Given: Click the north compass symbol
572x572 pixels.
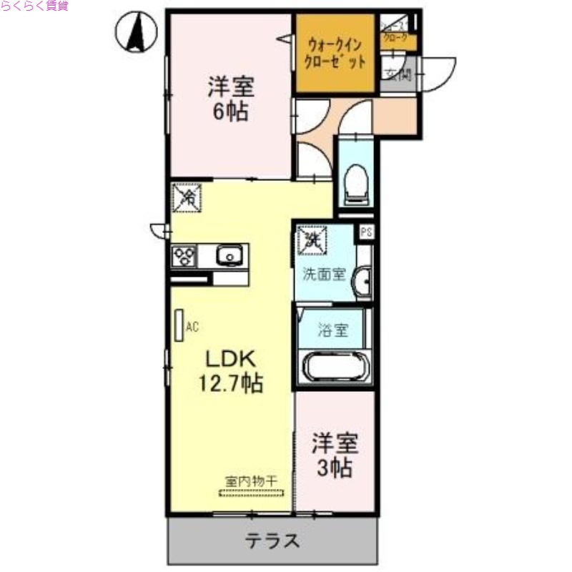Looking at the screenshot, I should [136, 33].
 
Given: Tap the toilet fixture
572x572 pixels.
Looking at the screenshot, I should [355, 180].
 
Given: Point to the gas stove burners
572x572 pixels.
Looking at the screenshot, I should [184, 255].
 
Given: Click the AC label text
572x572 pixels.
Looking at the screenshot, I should [192, 327].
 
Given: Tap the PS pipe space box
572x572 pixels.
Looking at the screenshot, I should [366, 232].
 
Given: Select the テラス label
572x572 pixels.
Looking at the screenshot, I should [273, 541].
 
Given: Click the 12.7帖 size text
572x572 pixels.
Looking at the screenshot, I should [230, 384].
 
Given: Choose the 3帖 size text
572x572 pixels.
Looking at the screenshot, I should [335, 469].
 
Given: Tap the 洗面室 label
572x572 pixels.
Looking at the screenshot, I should [325, 275].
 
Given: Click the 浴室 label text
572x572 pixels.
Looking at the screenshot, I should [334, 330].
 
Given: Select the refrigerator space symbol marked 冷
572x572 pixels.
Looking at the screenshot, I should [187, 197].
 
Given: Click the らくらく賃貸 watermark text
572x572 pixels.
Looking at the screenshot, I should [34, 6].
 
